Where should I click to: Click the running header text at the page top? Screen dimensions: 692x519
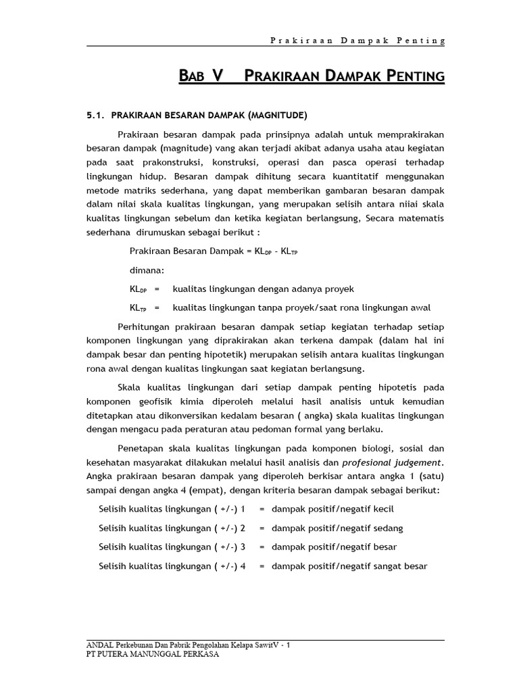[353, 41]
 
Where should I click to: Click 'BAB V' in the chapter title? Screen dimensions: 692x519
[201, 76]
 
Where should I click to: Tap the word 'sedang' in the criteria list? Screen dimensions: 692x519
[388, 527]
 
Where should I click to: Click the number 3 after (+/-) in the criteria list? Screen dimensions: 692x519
[243, 547]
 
